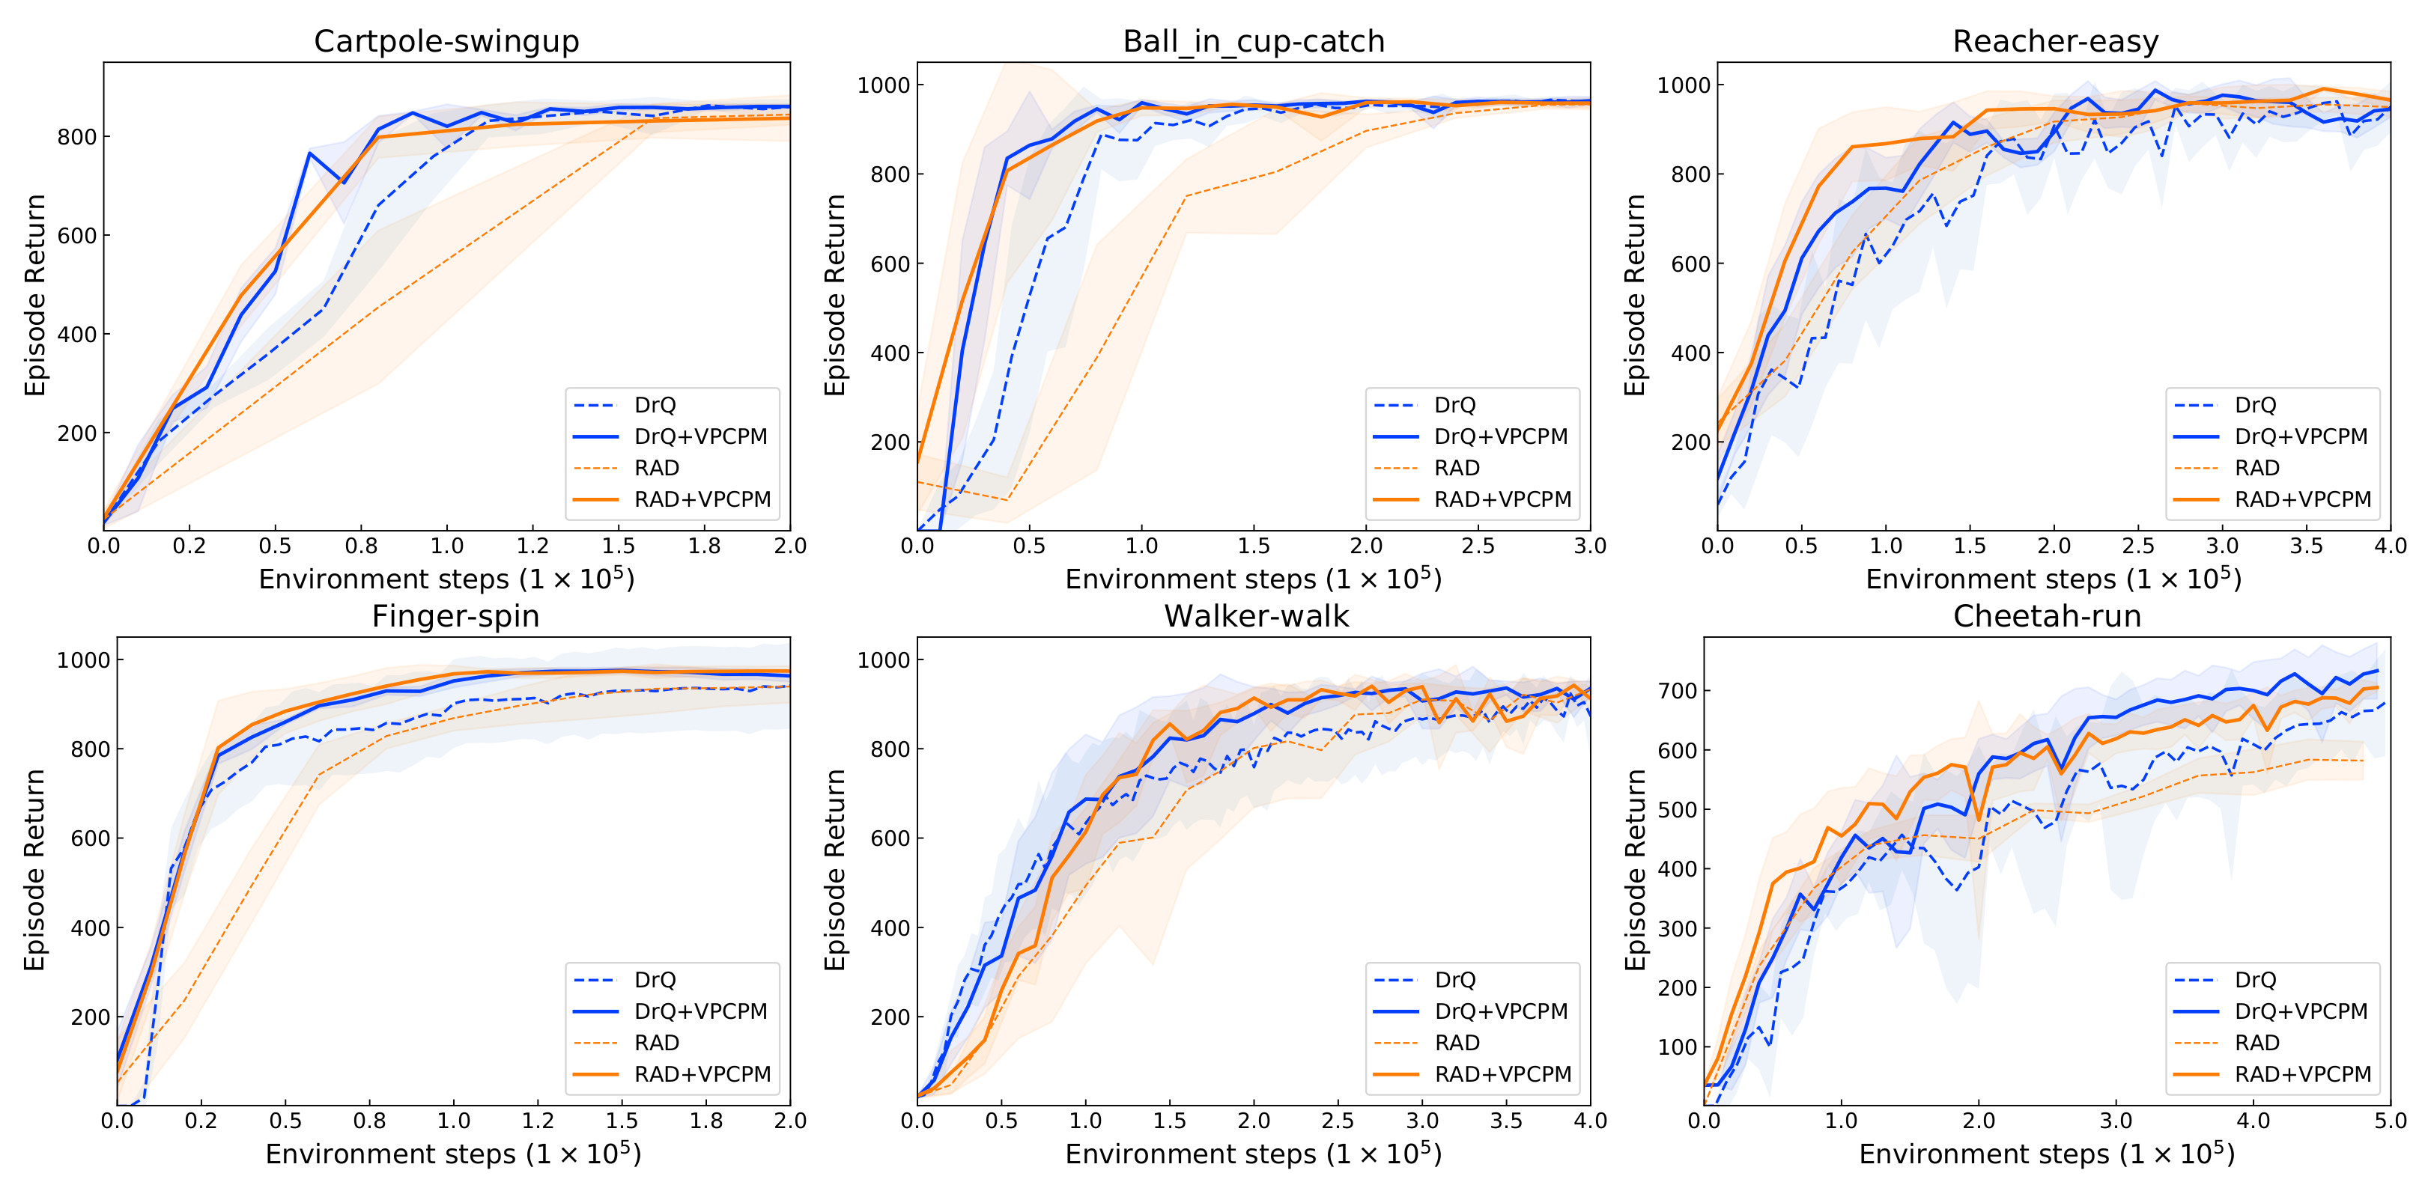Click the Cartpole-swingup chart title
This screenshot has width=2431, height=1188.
pyautogui.click(x=446, y=41)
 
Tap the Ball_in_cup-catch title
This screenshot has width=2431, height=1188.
pyautogui.click(x=1253, y=41)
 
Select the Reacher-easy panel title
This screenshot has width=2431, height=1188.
pyautogui.click(x=2055, y=41)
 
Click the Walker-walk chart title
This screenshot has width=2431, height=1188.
pyautogui.click(x=1256, y=616)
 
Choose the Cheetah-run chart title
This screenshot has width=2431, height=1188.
pyautogui.click(x=2047, y=616)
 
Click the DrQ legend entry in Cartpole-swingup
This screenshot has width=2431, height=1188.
pyautogui.click(x=655, y=405)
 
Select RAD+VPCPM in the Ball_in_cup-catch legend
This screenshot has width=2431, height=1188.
pyautogui.click(x=1502, y=499)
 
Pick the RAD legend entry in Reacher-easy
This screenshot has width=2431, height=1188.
pyautogui.click(x=2257, y=468)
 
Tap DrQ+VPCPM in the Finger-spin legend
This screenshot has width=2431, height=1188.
pyautogui.click(x=700, y=1011)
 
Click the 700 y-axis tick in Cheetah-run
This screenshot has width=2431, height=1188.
pyautogui.click(x=1677, y=691)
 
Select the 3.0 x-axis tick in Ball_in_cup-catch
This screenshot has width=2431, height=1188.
pyautogui.click(x=1590, y=546)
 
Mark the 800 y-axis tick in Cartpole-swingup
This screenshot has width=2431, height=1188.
pyautogui.click(x=77, y=137)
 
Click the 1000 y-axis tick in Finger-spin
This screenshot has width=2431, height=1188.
pyautogui.click(x=84, y=660)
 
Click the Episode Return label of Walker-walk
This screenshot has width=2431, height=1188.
pyautogui.click(x=834, y=870)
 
